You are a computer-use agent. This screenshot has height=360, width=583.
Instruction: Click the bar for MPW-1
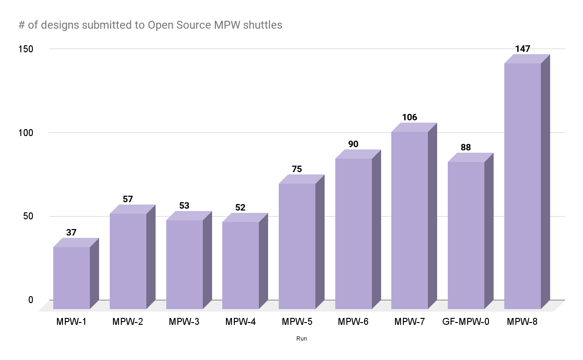point(72,278)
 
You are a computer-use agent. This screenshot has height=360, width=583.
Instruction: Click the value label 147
point(522,49)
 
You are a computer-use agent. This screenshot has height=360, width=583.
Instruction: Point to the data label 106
point(409,118)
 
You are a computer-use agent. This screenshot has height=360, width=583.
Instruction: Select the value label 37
point(71,233)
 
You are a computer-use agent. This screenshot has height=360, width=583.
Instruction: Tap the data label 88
point(466,148)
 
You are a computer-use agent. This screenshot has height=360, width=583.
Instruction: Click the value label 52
point(240,208)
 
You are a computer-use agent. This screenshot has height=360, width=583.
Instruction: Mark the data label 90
point(353,144)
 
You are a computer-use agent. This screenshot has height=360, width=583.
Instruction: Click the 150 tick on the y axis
point(26,49)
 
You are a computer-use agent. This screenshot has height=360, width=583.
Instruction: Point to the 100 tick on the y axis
point(26,132)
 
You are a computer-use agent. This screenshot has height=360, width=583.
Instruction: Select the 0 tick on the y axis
point(31,300)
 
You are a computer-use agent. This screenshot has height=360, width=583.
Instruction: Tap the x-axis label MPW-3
point(184,322)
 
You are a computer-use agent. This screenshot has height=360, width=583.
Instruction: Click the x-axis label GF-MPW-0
point(466,322)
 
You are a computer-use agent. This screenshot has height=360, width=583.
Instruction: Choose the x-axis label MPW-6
point(353,322)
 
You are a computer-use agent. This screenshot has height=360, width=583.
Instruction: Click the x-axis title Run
point(301,339)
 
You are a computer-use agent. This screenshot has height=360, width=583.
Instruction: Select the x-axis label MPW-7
point(410,322)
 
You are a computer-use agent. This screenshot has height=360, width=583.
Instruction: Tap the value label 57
point(128,199)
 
